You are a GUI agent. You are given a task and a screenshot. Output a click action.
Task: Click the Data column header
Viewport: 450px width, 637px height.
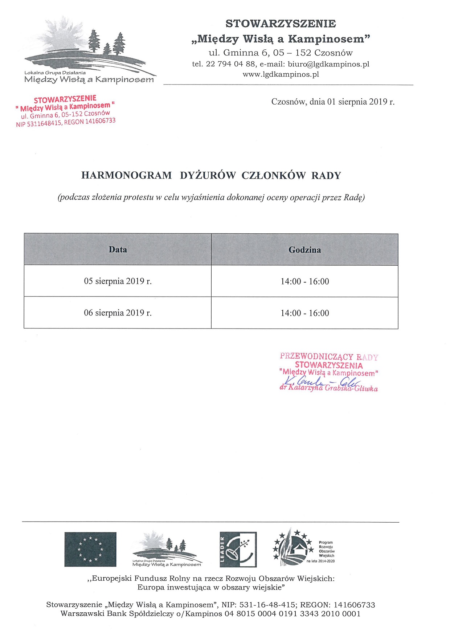pyautogui.click(x=118, y=249)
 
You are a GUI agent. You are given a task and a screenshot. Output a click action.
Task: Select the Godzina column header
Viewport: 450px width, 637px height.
pyautogui.click(x=304, y=250)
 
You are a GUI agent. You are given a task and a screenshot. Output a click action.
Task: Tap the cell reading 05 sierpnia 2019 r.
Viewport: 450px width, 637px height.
pyautogui.click(x=118, y=281)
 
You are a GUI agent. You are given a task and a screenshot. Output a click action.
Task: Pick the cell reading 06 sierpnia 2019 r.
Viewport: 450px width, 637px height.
pyautogui.click(x=118, y=313)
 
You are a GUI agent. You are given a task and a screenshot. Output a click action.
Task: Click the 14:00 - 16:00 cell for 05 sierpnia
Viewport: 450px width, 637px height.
pyautogui.click(x=304, y=281)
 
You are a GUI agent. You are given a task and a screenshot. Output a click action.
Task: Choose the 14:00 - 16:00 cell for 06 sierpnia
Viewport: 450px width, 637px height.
pyautogui.click(x=304, y=313)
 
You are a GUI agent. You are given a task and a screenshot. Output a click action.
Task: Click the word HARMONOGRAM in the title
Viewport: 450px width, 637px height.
pyautogui.click(x=126, y=175)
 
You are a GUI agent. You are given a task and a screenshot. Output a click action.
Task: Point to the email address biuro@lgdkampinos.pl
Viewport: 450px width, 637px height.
pyautogui.click(x=328, y=64)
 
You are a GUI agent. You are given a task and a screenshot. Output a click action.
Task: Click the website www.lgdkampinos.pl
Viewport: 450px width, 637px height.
pyautogui.click(x=281, y=74)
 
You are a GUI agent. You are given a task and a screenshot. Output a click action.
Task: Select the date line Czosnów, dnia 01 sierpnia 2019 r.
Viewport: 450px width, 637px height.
pyautogui.click(x=333, y=102)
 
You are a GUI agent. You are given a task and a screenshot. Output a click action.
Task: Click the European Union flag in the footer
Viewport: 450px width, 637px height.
pyautogui.click(x=90, y=549)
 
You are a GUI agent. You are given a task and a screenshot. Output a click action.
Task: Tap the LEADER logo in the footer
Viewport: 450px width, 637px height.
pyautogui.click(x=238, y=549)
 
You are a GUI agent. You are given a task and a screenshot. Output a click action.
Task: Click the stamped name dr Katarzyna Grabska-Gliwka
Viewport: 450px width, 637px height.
pyautogui.click(x=328, y=388)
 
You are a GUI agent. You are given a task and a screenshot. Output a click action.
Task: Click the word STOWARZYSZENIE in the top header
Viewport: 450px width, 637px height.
pyautogui.click(x=281, y=24)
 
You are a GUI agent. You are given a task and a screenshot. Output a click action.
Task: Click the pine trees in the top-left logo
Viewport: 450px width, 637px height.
pyautogui.click(x=107, y=43)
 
